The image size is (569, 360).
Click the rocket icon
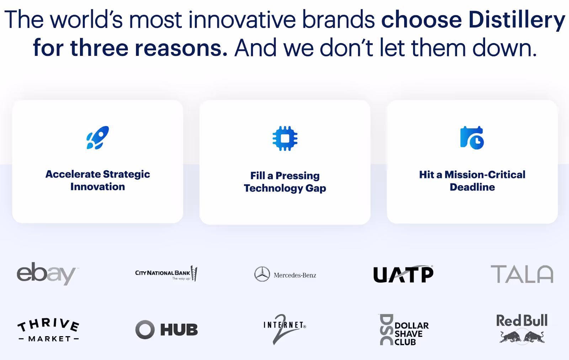point(97,138)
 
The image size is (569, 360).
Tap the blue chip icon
point(285,138)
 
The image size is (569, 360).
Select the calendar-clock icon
point(472,138)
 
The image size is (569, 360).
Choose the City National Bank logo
point(166,274)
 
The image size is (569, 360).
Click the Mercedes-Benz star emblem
point(262,274)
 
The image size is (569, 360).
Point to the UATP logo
point(403,274)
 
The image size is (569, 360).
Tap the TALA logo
point(522,274)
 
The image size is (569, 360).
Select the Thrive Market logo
point(49,330)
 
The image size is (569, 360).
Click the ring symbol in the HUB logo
point(145,330)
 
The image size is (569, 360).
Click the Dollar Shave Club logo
point(404,330)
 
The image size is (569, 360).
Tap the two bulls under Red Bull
point(522,337)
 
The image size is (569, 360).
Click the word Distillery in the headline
point(516,20)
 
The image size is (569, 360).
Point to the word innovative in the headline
point(242,20)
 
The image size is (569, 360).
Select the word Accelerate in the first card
point(73,174)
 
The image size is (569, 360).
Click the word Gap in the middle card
point(315,189)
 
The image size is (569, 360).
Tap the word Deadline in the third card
point(472,187)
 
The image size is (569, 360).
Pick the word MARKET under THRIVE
point(49,339)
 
